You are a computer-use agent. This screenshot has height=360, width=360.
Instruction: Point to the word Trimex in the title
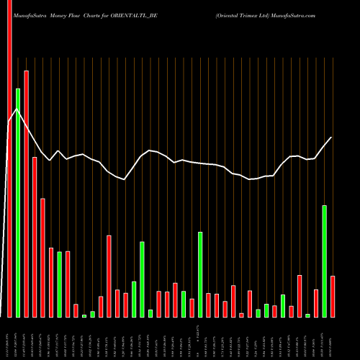click(253, 14)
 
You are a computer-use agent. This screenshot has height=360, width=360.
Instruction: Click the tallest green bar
click(18, 202)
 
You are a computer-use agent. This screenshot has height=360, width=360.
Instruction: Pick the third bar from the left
click(26, 194)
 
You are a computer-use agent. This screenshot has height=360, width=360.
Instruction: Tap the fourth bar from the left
click(35, 238)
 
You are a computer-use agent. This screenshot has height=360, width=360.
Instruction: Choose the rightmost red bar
click(333, 297)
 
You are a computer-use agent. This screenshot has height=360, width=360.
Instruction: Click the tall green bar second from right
click(325, 261)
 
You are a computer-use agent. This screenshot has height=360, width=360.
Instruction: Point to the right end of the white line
click(332, 137)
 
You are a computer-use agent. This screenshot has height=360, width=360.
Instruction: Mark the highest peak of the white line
click(17, 107)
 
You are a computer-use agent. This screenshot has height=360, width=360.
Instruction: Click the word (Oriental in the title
click(228, 14)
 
